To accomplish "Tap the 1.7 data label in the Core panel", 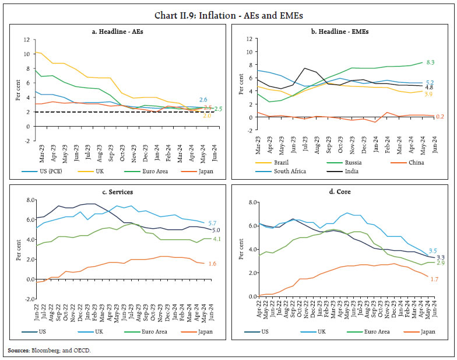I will pyautogui.click(x=435, y=279).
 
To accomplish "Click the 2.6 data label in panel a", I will pyautogui.click(x=203, y=100).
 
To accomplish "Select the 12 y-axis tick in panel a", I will pyautogui.click(x=26, y=40).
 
